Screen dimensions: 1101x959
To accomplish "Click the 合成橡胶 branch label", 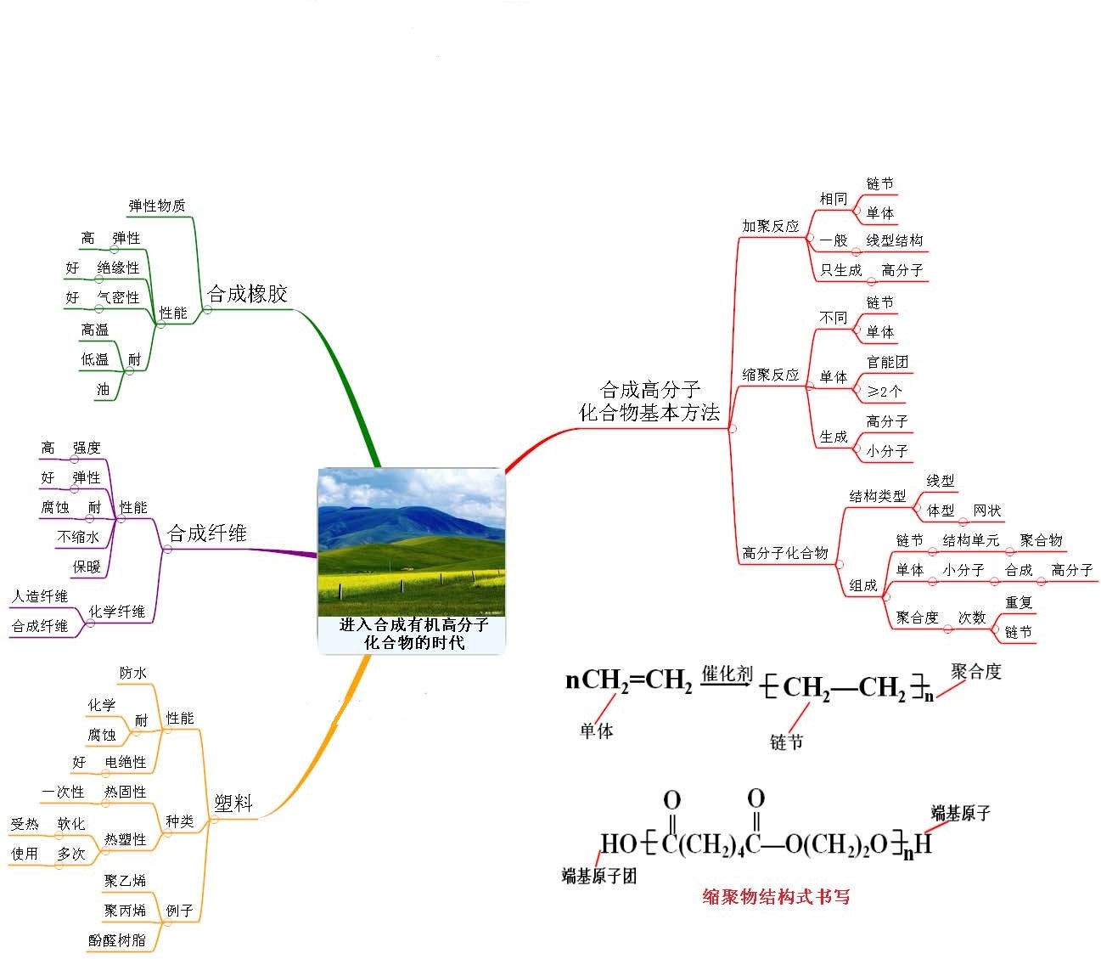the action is (x=247, y=294).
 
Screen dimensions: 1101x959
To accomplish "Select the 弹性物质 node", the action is (x=156, y=206).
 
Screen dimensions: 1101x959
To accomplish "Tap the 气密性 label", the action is (x=118, y=297).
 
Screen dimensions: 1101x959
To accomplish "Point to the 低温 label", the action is (x=95, y=359).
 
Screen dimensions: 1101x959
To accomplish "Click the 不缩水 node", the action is (x=78, y=537).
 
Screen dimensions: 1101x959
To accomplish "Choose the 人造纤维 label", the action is (x=40, y=596).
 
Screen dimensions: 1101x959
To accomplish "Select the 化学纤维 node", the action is (x=117, y=611).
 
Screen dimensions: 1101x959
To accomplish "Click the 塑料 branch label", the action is (x=233, y=803).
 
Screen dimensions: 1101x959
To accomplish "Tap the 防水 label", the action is (x=133, y=673).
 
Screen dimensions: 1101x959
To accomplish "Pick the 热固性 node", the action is (x=126, y=792).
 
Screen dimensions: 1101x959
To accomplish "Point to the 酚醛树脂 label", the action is (x=117, y=940).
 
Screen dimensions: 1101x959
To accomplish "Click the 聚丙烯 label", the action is (x=125, y=911).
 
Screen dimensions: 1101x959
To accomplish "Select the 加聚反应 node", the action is (x=771, y=226).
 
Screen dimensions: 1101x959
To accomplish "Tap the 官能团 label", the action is (x=887, y=362).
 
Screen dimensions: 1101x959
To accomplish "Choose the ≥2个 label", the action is (x=885, y=392).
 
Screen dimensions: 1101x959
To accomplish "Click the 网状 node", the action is (x=987, y=511).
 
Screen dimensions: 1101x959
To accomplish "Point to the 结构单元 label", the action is (x=971, y=540).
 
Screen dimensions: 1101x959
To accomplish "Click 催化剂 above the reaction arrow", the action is (x=727, y=674).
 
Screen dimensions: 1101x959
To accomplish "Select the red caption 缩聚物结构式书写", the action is (x=776, y=896).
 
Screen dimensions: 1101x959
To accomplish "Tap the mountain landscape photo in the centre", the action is (x=412, y=542).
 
